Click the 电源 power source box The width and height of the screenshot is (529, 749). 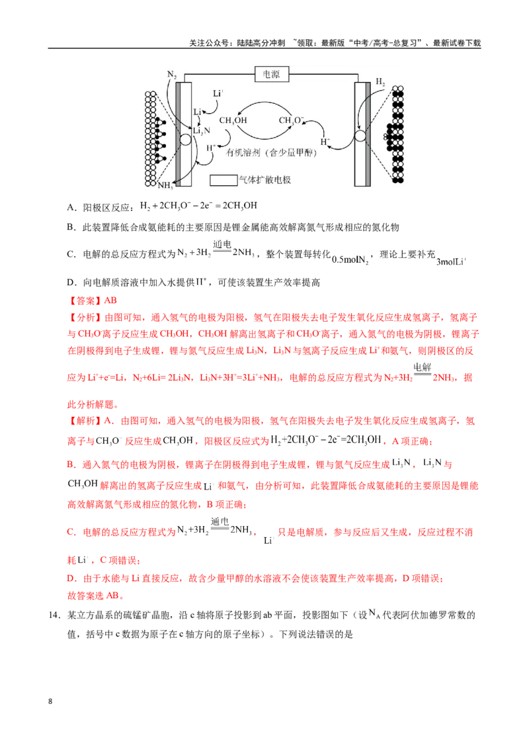click(x=272, y=75)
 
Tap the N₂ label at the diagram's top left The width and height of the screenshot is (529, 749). click(x=172, y=75)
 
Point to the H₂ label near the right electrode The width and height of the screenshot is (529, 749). click(x=380, y=81)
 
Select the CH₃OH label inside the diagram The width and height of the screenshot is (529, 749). click(x=233, y=120)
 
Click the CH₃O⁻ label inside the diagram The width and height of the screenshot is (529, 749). click(x=291, y=120)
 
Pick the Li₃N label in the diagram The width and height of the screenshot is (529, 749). click(x=202, y=131)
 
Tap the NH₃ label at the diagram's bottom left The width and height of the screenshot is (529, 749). click(x=165, y=185)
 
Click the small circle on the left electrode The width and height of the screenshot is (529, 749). click(x=185, y=140)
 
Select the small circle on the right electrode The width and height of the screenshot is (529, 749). click(x=360, y=136)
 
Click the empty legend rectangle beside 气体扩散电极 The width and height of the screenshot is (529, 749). click(x=224, y=180)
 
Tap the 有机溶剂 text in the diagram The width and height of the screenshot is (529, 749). click(x=243, y=152)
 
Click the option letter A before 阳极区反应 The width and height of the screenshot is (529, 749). click(x=71, y=207)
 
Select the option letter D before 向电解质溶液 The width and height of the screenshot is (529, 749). click(x=71, y=283)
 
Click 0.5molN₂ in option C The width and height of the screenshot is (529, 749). click(x=350, y=260)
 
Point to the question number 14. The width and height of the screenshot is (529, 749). click(x=54, y=615)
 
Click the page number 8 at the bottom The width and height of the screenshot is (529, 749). click(x=50, y=701)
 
